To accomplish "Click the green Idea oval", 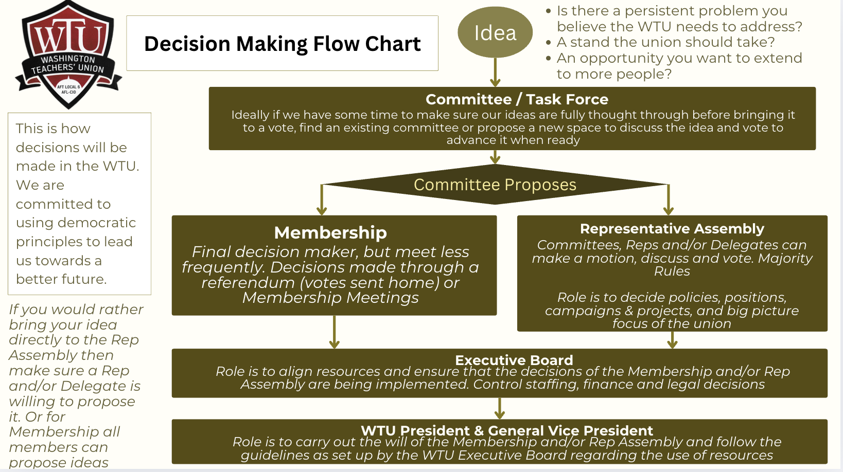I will pyautogui.click(x=495, y=32).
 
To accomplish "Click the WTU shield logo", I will pyautogui.click(x=69, y=54).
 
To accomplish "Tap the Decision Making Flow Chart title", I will pyautogui.click(x=282, y=44).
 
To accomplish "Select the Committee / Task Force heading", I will pyautogui.click(x=517, y=99).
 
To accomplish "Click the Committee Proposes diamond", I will pyautogui.click(x=495, y=185).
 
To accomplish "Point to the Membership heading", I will pyautogui.click(x=330, y=232).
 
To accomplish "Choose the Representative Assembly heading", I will pyautogui.click(x=672, y=228).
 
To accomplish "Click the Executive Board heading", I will pyautogui.click(x=514, y=360).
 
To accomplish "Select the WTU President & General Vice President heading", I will pyautogui.click(x=506, y=430).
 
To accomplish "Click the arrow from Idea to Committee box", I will pyautogui.click(x=495, y=72).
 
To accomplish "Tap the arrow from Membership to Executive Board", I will pyautogui.click(x=335, y=332).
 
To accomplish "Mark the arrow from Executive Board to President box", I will pyautogui.click(x=499, y=408).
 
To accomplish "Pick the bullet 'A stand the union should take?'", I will pyautogui.click(x=665, y=42).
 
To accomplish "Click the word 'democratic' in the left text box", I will pyautogui.click(x=104, y=223).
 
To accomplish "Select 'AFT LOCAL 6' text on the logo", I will pyautogui.click(x=68, y=87).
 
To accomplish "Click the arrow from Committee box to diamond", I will pyautogui.click(x=495, y=157).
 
